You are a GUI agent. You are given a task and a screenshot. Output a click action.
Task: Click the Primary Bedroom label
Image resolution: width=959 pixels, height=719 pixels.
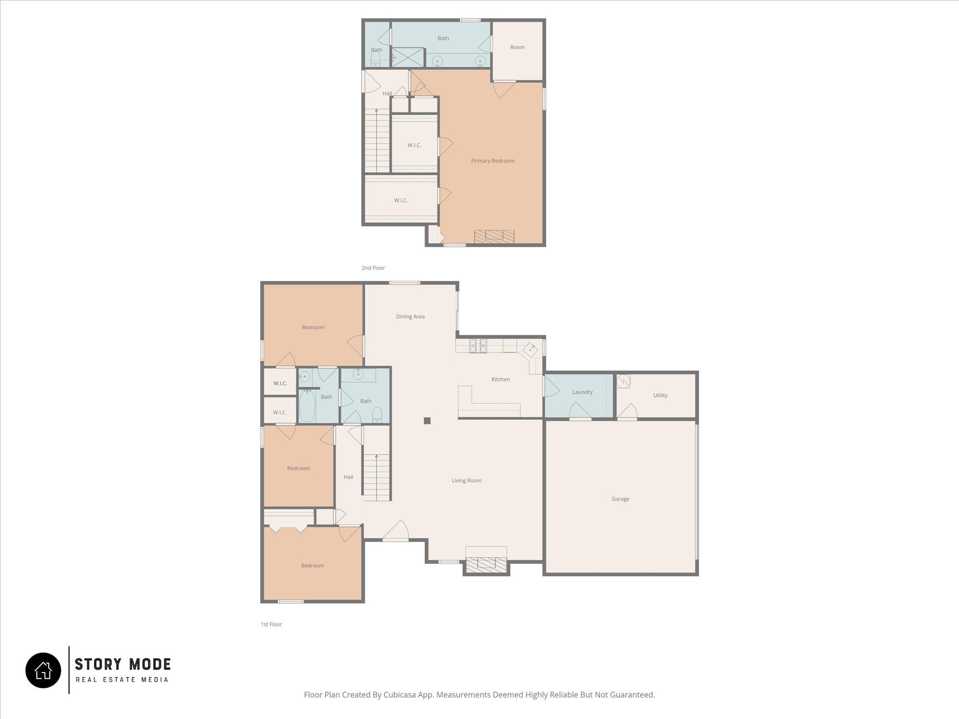[492, 161]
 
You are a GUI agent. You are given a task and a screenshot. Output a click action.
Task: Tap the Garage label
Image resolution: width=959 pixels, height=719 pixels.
[620, 499]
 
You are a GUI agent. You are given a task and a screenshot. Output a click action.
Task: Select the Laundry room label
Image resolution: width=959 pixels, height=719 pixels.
[583, 392]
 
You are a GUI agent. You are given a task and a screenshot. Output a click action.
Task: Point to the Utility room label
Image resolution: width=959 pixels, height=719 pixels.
[660, 395]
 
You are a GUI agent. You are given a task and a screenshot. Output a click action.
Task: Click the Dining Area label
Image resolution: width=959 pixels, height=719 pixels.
[410, 316]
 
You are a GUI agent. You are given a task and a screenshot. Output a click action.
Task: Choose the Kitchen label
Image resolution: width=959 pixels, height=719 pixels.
[501, 379]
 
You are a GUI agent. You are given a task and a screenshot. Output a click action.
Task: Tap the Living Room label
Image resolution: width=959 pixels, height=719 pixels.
[467, 480]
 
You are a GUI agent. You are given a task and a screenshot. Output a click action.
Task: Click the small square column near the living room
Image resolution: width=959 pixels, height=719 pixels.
[427, 421]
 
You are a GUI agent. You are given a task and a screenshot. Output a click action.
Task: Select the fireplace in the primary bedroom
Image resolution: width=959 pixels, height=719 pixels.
[494, 236]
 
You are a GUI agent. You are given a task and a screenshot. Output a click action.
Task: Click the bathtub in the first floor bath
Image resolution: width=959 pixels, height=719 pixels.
[307, 406]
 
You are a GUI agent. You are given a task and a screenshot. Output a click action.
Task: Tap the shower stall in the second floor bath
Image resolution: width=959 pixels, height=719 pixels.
[409, 57]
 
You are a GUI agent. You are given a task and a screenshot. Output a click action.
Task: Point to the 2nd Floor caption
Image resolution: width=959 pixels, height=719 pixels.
[373, 268]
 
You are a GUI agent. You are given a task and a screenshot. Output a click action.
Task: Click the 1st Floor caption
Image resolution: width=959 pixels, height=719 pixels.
[271, 624]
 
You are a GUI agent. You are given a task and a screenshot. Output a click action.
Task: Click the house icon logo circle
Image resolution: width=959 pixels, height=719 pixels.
[43, 670]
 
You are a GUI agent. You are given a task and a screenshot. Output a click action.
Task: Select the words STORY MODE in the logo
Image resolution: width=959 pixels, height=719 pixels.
[123, 664]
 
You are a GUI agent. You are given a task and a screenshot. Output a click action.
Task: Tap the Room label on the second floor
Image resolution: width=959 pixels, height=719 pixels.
[517, 47]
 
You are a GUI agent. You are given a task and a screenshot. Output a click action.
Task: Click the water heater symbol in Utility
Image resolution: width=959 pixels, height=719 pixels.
[623, 381]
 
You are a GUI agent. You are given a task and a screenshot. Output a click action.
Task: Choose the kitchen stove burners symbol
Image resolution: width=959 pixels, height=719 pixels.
[478, 346]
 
